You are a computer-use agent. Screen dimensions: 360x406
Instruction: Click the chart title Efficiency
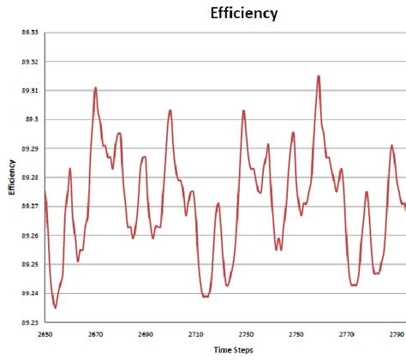coord(244,14)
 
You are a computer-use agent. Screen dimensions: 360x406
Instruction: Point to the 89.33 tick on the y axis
coord(27,33)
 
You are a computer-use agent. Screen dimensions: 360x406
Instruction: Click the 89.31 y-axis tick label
coord(27,91)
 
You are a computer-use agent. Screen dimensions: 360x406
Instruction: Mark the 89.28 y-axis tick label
coord(27,177)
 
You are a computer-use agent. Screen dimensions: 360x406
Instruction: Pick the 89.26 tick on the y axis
coord(27,236)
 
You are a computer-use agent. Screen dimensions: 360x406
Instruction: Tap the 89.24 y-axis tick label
coord(27,294)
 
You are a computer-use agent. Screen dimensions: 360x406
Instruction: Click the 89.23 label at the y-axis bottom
coord(27,323)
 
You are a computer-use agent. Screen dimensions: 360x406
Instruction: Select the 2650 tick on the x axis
coord(45,335)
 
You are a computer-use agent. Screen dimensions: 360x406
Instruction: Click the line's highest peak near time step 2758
coord(318,76)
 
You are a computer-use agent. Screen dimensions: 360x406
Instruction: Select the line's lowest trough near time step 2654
coord(55,307)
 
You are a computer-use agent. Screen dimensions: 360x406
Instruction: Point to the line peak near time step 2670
coord(95,87)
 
